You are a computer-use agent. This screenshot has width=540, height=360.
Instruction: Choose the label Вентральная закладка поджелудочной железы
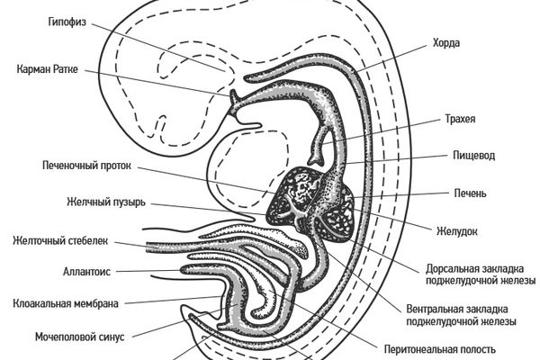click(465, 314)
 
